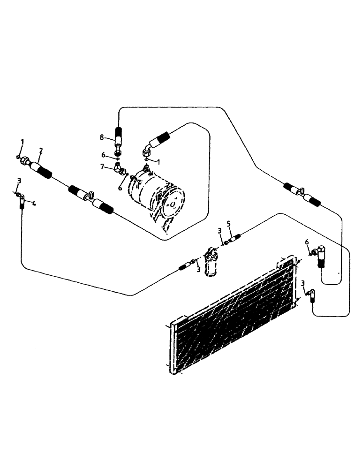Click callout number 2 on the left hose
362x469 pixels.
point(41,151)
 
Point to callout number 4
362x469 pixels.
point(34,203)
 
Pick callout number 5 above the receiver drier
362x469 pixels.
point(229,225)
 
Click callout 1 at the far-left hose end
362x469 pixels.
point(22,142)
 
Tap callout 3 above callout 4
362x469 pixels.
point(19,181)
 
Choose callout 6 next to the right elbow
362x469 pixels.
point(307,242)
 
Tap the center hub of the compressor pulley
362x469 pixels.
point(173,205)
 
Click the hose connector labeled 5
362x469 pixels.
point(234,237)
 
